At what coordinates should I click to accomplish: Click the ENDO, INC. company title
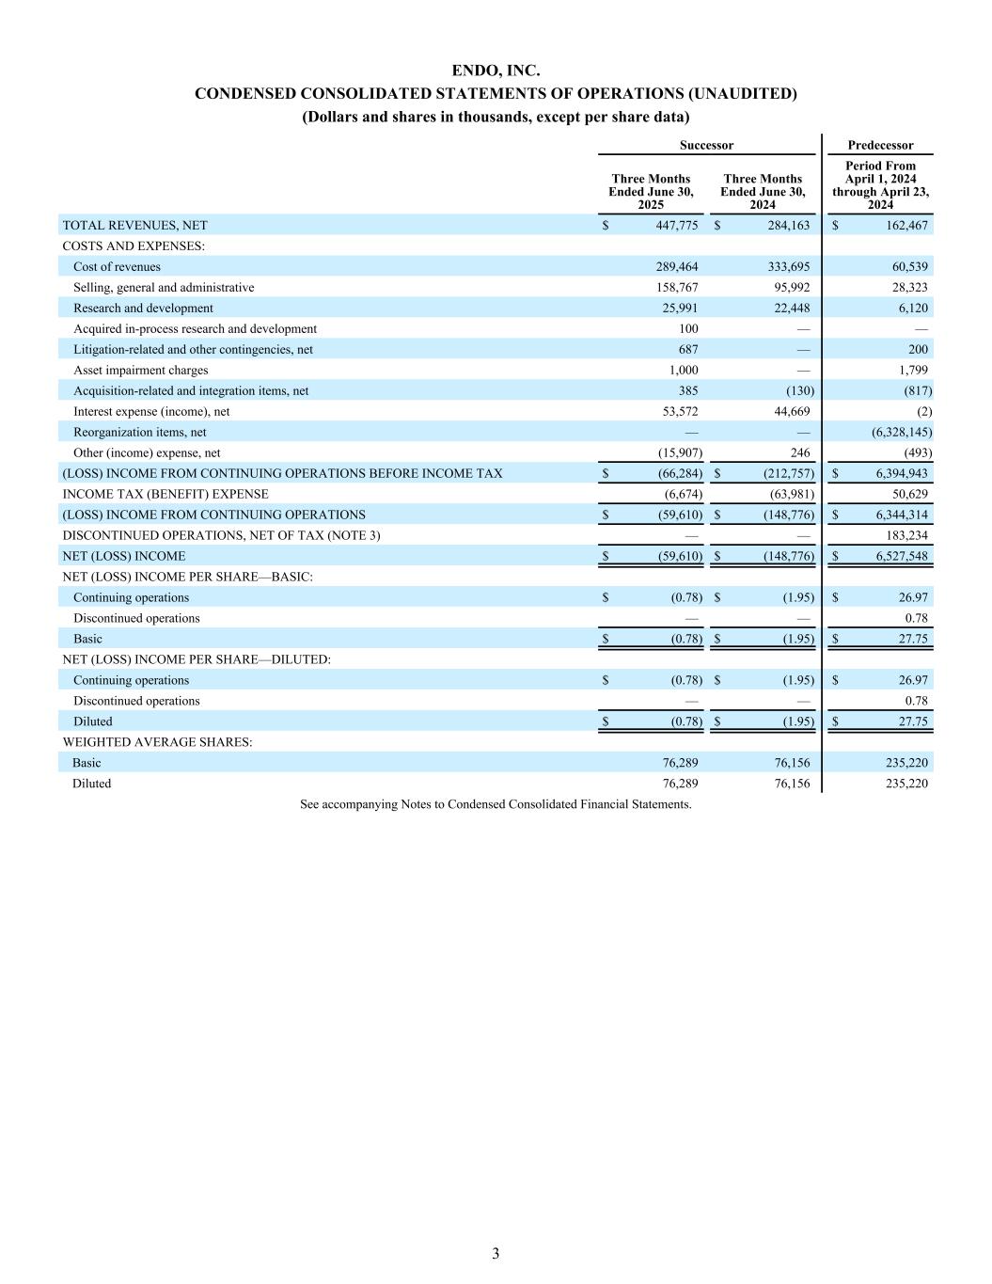496,71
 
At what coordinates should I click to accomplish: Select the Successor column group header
706,145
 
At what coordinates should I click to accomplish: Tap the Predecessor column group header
880,145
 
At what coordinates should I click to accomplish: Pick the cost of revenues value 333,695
789,267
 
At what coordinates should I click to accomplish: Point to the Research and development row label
143,309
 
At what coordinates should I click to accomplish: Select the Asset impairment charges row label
140,371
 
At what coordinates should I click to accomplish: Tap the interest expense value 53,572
676,412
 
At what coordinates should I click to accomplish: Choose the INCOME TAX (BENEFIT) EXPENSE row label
165,495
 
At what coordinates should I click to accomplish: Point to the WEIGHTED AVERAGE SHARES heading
157,743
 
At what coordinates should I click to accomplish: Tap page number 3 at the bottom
496,1254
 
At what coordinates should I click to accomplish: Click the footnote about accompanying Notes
496,805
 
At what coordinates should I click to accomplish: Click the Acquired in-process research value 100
686,329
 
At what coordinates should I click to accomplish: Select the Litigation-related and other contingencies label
193,350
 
